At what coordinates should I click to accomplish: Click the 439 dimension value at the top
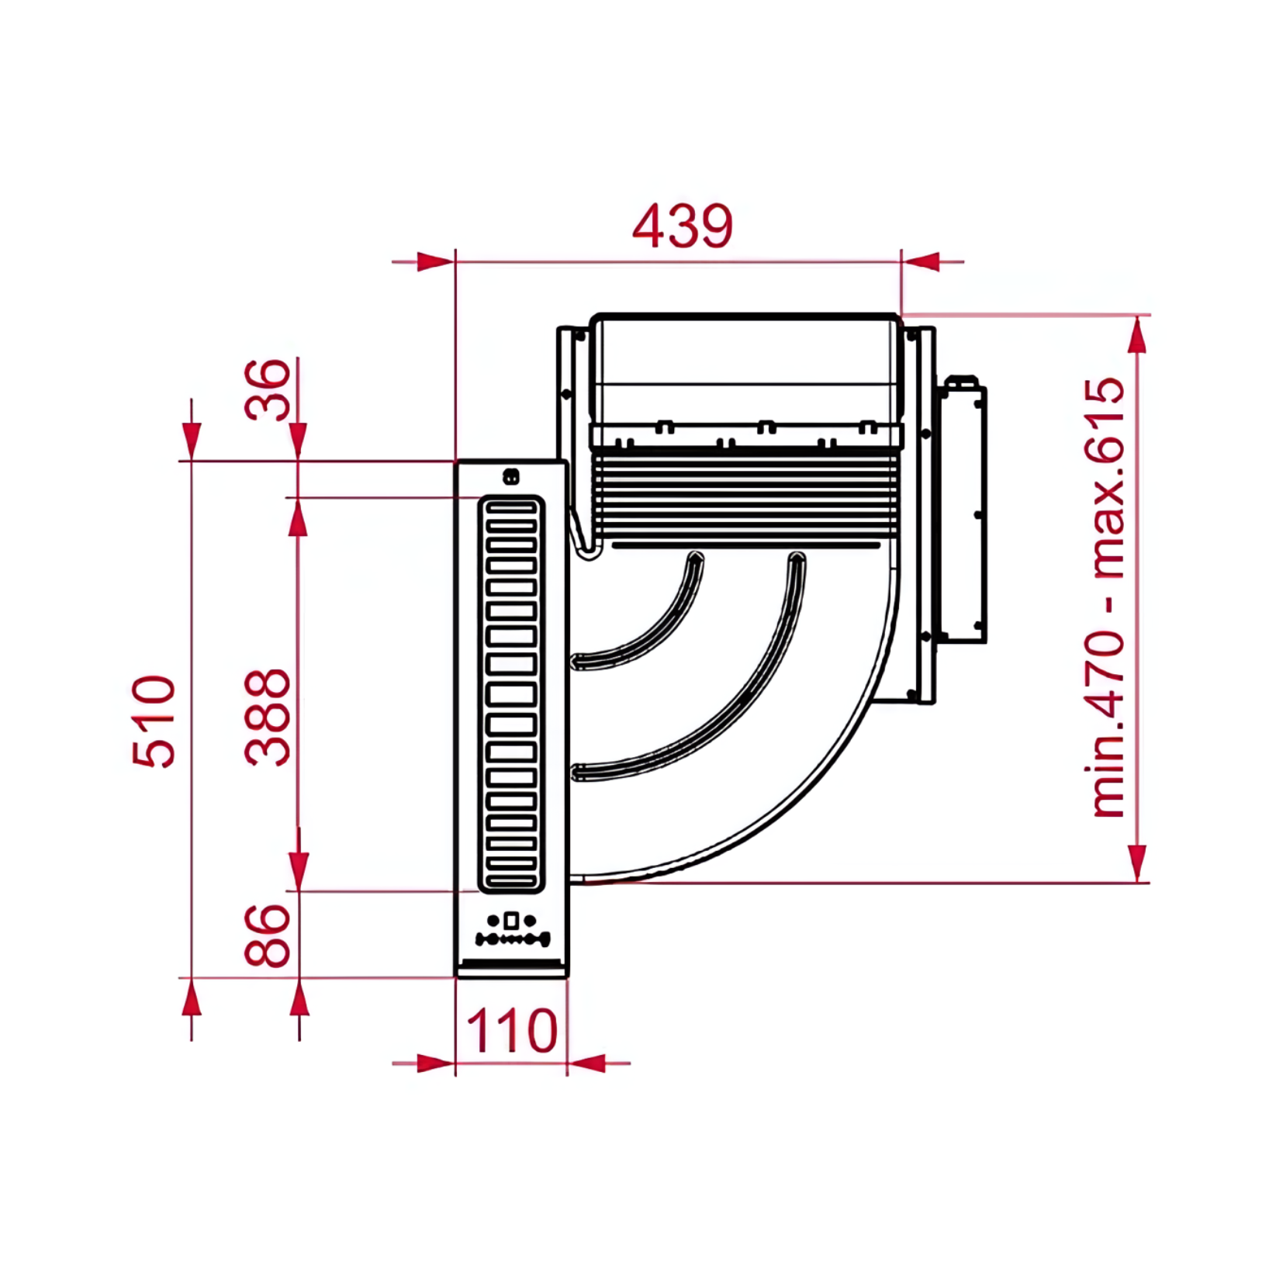tap(682, 226)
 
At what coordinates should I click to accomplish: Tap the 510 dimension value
tap(154, 721)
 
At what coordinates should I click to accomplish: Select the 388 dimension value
tap(268, 717)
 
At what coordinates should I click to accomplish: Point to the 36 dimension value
tap(268, 389)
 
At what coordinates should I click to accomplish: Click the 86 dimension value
tap(268, 935)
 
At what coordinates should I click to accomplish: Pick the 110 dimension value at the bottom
tap(512, 1030)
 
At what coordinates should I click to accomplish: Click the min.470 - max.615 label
tap(1108, 597)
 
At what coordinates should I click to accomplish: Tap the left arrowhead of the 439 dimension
tap(435, 262)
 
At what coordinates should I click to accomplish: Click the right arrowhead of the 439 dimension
tap(921, 262)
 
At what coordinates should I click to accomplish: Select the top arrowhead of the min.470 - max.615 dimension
tap(1137, 335)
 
